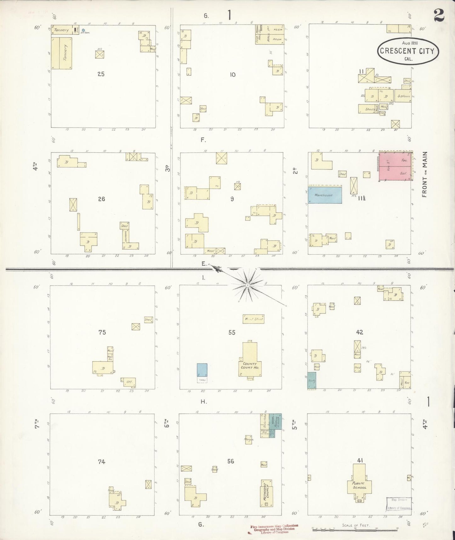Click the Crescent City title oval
[408, 51]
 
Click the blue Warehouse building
[325, 195]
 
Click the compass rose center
[247, 285]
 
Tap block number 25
[101, 74]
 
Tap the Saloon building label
[404, 96]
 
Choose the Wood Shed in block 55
[253, 319]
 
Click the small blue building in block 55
[202, 370]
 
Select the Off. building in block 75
[129, 382]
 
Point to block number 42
[359, 332]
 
